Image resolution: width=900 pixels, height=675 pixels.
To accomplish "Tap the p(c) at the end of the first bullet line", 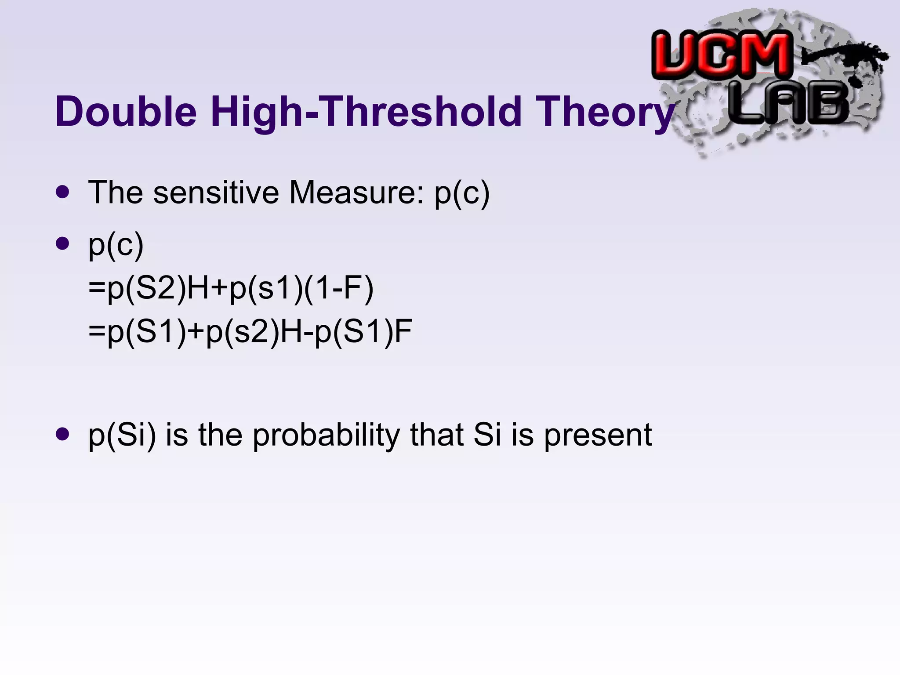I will click(x=462, y=193).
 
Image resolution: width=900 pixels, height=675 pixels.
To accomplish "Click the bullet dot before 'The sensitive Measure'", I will click(x=63, y=192).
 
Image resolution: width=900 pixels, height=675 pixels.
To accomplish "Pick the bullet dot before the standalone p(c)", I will click(x=63, y=243).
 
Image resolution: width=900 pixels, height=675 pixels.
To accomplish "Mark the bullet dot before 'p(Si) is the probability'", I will click(x=63, y=434).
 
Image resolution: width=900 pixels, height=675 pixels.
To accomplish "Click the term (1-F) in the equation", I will click(x=338, y=289).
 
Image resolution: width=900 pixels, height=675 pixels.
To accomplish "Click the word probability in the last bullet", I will click(x=326, y=435).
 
